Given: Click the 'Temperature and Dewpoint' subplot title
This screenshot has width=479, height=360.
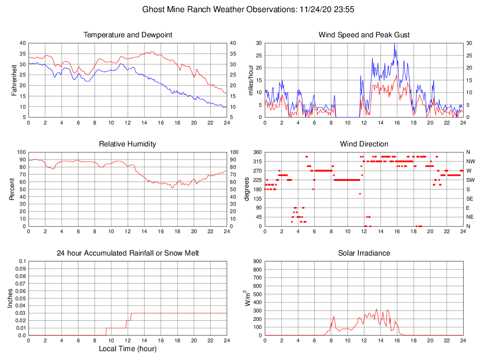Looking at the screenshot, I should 127,35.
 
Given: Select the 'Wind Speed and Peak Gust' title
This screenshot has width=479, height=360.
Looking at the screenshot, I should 364,35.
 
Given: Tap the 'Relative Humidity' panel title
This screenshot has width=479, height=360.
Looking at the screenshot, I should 127,144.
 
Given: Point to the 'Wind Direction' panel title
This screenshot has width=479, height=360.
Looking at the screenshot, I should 364,144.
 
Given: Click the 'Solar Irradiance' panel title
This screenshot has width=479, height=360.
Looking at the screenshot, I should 364,253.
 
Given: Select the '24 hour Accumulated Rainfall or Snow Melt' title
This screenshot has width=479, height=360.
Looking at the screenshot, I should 127,253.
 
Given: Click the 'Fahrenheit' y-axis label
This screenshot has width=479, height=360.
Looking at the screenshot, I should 14,80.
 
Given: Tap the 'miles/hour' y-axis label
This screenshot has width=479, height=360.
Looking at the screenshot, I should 250,80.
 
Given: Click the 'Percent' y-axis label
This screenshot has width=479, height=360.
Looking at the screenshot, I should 12,189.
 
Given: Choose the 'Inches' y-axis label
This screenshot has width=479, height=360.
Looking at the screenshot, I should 10,298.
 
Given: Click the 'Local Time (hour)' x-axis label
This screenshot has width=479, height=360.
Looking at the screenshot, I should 127,349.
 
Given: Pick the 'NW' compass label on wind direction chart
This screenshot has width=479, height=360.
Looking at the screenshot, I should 470,161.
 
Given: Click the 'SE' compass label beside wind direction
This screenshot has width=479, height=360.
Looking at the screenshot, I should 470,199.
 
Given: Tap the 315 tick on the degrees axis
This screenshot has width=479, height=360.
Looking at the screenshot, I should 257,161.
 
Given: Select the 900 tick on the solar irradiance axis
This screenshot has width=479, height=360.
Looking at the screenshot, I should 257,261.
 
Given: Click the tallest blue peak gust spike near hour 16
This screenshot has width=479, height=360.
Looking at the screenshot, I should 395,44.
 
